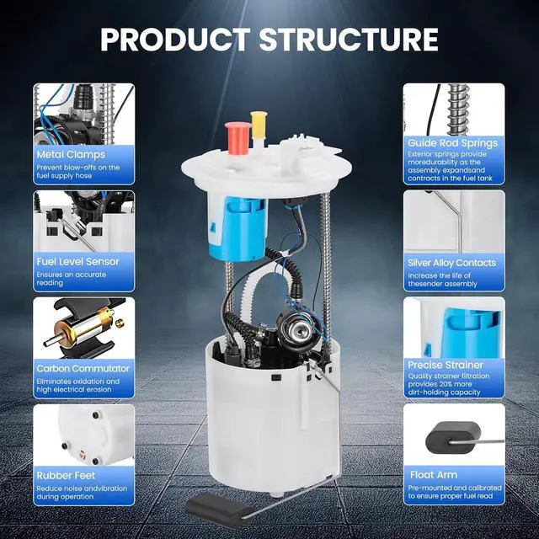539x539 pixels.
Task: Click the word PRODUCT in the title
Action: point(176,39)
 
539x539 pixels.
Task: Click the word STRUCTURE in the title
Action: point(349,39)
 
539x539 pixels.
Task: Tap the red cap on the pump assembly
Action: point(237,137)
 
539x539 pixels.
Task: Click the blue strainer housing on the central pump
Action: point(237,225)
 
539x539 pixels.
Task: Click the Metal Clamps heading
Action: point(71,154)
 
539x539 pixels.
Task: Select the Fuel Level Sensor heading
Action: point(77,262)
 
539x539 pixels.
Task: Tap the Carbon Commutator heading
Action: point(83,369)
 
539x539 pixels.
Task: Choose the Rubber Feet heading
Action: point(66,475)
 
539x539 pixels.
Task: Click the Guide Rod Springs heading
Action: point(453,143)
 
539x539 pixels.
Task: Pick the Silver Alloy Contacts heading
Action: point(451,263)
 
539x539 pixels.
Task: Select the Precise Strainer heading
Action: point(446,365)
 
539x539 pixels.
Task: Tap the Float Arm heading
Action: point(434,475)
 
